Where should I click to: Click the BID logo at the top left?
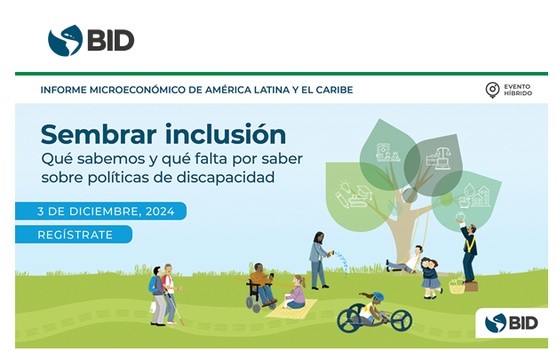click(x=92, y=39)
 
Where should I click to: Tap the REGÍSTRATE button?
click(x=75, y=235)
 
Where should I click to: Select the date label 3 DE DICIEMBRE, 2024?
click(x=100, y=211)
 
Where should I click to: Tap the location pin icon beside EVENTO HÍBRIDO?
click(x=491, y=90)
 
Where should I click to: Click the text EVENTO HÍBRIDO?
click(x=517, y=90)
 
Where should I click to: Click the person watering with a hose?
click(x=318, y=259)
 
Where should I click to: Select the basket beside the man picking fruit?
click(x=457, y=285)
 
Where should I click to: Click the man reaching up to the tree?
click(x=467, y=250)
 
